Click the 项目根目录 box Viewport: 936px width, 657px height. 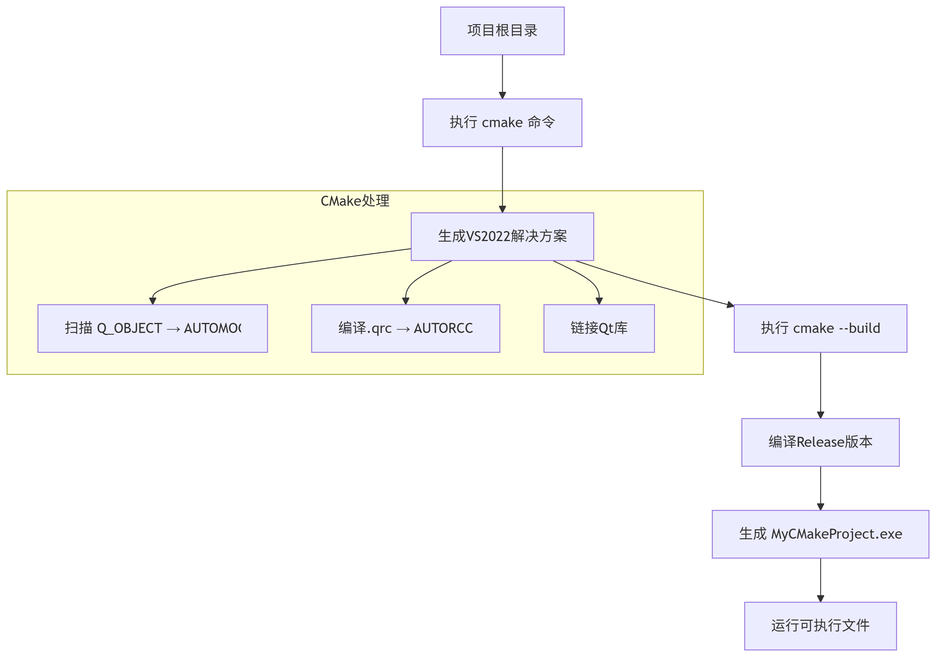[502, 31]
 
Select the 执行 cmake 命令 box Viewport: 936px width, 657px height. [502, 122]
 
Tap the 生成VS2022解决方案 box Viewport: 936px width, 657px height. [502, 236]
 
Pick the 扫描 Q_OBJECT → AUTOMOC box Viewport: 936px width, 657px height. [152, 328]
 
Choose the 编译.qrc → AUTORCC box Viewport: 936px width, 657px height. [405, 328]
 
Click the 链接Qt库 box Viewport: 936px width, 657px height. [599, 328]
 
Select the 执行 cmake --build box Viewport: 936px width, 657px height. [820, 328]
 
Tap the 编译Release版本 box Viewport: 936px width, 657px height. [820, 442]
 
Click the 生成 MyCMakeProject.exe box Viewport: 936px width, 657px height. [820, 534]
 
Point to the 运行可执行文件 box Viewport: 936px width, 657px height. [820, 626]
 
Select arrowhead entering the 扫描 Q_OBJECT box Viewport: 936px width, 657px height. [153, 301]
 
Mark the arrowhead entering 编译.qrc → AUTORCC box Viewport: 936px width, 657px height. [406, 301]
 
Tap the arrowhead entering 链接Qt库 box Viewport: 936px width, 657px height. [599, 301]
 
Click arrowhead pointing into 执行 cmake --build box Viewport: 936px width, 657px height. [730, 304]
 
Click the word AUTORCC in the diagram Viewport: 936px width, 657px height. [443, 328]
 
